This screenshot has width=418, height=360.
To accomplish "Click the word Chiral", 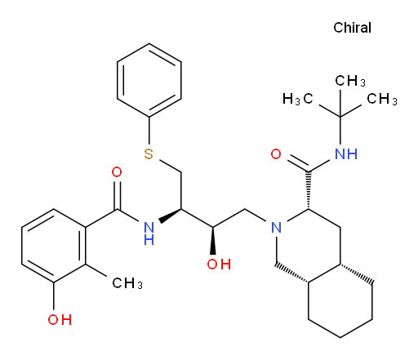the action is (352, 28).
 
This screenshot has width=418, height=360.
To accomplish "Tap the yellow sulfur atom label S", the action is (149, 153).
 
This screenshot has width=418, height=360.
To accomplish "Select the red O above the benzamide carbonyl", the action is (117, 172).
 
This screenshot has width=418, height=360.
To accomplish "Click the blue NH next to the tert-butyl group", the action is (346, 154).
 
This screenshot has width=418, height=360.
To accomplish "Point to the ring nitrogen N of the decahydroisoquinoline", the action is (277, 228).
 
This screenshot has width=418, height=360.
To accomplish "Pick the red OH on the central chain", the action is (219, 264).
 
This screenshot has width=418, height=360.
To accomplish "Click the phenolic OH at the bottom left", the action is (60, 319).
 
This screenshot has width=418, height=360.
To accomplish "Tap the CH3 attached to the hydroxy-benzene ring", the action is (127, 283).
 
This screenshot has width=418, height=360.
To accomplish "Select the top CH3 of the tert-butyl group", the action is (350, 81).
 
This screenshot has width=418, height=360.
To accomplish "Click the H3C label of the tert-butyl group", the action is (298, 99).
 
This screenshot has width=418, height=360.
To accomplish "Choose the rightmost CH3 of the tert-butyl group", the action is (382, 99).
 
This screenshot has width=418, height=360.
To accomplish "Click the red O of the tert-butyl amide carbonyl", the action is (276, 154).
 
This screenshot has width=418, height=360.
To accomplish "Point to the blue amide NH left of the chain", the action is (149, 233).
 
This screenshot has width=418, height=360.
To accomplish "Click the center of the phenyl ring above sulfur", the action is (149, 80).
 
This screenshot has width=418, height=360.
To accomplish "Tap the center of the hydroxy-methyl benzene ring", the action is (54, 246).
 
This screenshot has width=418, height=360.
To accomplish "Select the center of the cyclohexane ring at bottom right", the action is (340, 300).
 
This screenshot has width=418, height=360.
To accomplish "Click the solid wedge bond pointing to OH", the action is (213, 241).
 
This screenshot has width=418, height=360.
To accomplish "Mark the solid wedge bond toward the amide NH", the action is (170, 216).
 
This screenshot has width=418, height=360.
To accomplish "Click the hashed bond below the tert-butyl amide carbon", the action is (309, 190).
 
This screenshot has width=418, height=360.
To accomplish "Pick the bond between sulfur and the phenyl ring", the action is (149, 131).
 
